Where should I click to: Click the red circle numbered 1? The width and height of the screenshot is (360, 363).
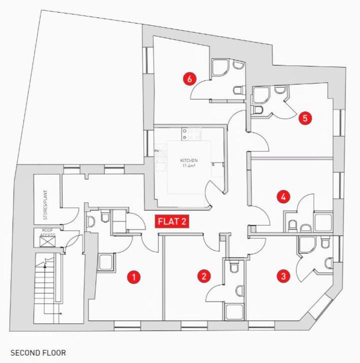click(x=134, y=277)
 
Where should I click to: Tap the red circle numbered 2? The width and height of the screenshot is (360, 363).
click(x=204, y=276)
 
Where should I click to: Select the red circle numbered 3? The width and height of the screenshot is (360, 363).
click(x=283, y=276)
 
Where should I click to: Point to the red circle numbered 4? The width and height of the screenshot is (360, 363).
click(x=283, y=197)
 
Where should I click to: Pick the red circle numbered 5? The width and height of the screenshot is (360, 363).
click(x=305, y=118)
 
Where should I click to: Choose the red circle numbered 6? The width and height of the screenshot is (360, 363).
click(x=189, y=78)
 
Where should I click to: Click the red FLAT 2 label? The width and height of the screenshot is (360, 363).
click(x=172, y=221)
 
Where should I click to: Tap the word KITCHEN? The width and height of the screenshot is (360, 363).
click(x=189, y=160)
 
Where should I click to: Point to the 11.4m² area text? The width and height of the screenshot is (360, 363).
click(x=188, y=165)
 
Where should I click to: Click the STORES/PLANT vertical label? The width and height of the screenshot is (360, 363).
click(x=45, y=205)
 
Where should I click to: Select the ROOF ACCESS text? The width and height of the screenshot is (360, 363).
click(x=47, y=232)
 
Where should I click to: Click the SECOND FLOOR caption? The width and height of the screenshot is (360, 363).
click(x=38, y=353)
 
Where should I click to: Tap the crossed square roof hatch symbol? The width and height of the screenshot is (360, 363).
click(x=47, y=241)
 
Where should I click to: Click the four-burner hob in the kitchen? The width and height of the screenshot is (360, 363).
click(x=191, y=134)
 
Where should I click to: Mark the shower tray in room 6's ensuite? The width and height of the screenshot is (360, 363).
click(x=220, y=67)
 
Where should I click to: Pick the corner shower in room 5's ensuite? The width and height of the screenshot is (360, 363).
click(x=261, y=95)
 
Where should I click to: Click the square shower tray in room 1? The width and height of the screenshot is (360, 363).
click(x=106, y=262)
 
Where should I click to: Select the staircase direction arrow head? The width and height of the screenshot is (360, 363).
click(x=45, y=266)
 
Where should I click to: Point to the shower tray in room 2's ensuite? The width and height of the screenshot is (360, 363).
click(x=234, y=312)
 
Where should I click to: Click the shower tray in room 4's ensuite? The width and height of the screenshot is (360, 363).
click(x=323, y=222)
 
